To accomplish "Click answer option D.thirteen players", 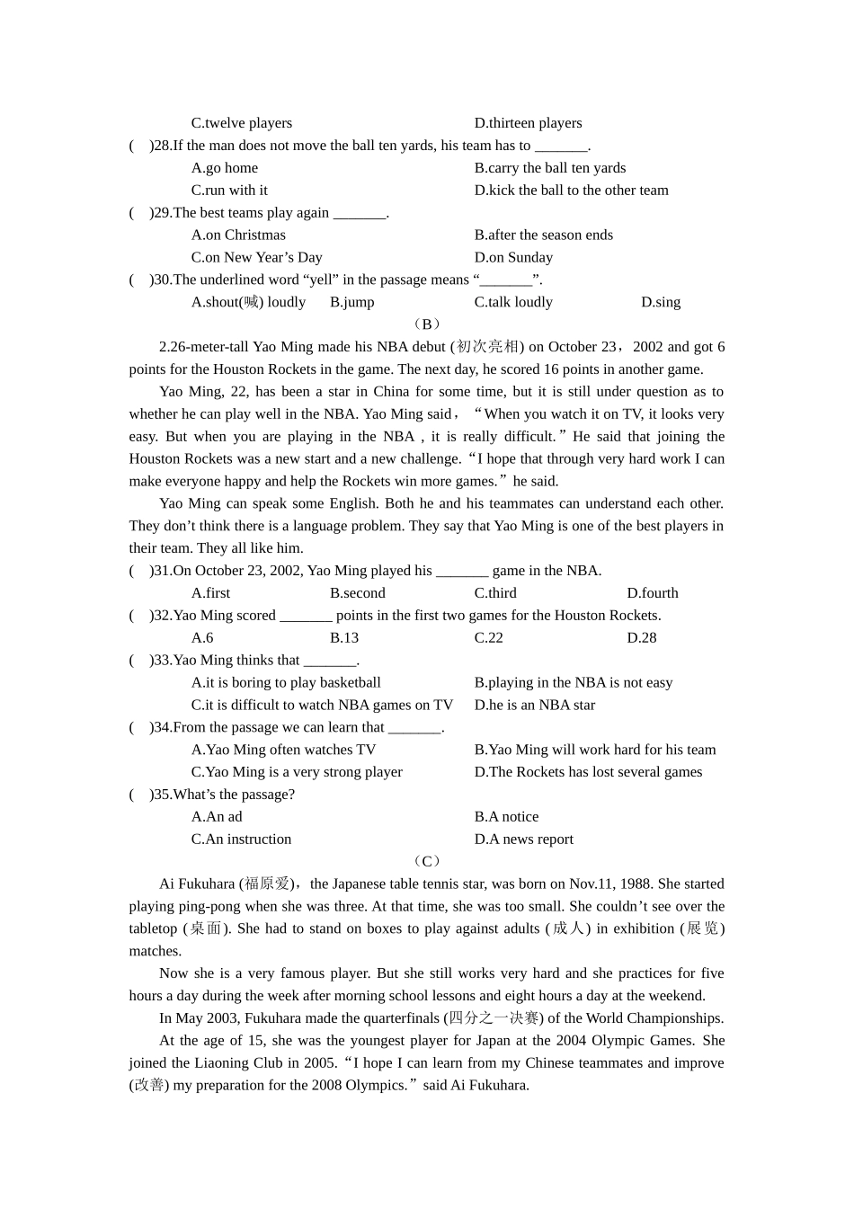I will (x=528, y=123).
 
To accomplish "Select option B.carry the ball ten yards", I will (x=549, y=168).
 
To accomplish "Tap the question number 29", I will (x=162, y=213).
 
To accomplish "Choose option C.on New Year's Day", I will (x=256, y=258).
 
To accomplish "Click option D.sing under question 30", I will (x=660, y=303).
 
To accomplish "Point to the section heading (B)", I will (x=427, y=324).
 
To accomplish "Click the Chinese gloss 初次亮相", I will (x=487, y=347).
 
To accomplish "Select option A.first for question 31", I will (x=210, y=593).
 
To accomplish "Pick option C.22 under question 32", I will (x=488, y=638).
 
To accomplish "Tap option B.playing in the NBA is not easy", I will (x=573, y=683).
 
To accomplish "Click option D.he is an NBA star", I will (x=534, y=706).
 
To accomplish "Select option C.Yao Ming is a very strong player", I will (x=297, y=772).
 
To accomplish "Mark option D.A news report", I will (x=523, y=839).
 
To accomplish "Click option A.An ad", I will (x=217, y=817).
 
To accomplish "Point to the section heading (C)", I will (x=427, y=861).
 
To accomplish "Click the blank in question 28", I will (x=561, y=147).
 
